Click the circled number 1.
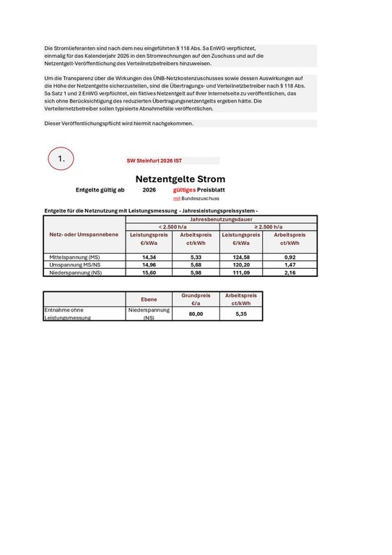(61, 158)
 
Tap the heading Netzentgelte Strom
(180, 178)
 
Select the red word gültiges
(184, 189)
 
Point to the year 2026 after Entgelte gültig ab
(149, 189)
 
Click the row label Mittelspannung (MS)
(74, 257)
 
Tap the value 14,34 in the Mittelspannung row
(149, 257)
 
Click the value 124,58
(240, 257)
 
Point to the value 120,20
(240, 265)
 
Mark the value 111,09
(240, 273)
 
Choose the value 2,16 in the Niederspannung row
(289, 273)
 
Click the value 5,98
(195, 273)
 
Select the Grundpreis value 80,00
(196, 314)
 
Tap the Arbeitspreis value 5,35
(241, 314)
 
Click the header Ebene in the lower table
(149, 298)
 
